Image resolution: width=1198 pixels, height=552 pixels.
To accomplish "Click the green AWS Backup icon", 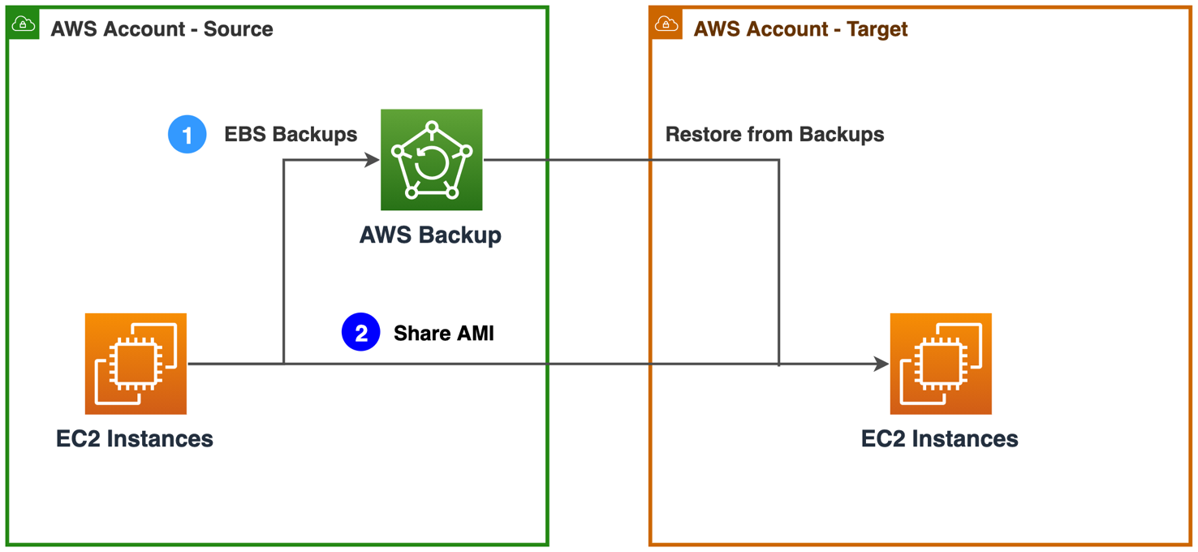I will pyautogui.click(x=431, y=160).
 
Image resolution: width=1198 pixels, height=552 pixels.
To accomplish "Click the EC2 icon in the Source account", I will pyautogui.click(x=136, y=364).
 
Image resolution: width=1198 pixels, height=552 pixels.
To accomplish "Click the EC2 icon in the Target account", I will pyautogui.click(x=940, y=364).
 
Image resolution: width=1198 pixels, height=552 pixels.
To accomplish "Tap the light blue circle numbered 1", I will pyautogui.click(x=187, y=134).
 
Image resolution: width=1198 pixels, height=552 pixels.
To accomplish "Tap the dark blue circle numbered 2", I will pyautogui.click(x=360, y=332).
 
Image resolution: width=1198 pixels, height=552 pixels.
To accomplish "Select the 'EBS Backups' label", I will pyautogui.click(x=291, y=134).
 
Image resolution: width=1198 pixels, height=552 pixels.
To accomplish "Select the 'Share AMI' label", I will pyautogui.click(x=443, y=333).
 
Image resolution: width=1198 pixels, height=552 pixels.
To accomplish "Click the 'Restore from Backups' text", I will pyautogui.click(x=774, y=134).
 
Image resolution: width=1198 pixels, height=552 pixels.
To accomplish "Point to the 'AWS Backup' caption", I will pyautogui.click(x=430, y=235).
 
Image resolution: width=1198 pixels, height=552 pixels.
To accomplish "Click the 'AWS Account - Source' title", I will pyautogui.click(x=162, y=29).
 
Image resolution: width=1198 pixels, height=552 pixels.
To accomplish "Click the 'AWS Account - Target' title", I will pyautogui.click(x=800, y=29).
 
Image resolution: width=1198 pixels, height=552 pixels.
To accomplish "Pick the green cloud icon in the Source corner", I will pyautogui.click(x=24, y=24).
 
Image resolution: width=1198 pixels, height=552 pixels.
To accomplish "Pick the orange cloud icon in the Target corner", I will pyautogui.click(x=666, y=24).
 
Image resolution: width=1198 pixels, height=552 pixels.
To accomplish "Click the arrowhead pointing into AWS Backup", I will pyautogui.click(x=373, y=160).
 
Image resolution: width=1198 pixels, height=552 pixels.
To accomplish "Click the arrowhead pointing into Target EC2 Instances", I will pyautogui.click(x=881, y=364).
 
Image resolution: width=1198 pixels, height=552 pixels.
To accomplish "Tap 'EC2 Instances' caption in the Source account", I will pyautogui.click(x=135, y=438).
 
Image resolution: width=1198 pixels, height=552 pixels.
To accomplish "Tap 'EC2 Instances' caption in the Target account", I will pyautogui.click(x=939, y=438).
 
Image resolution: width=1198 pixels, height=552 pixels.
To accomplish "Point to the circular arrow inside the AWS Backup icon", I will pyautogui.click(x=431, y=162).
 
